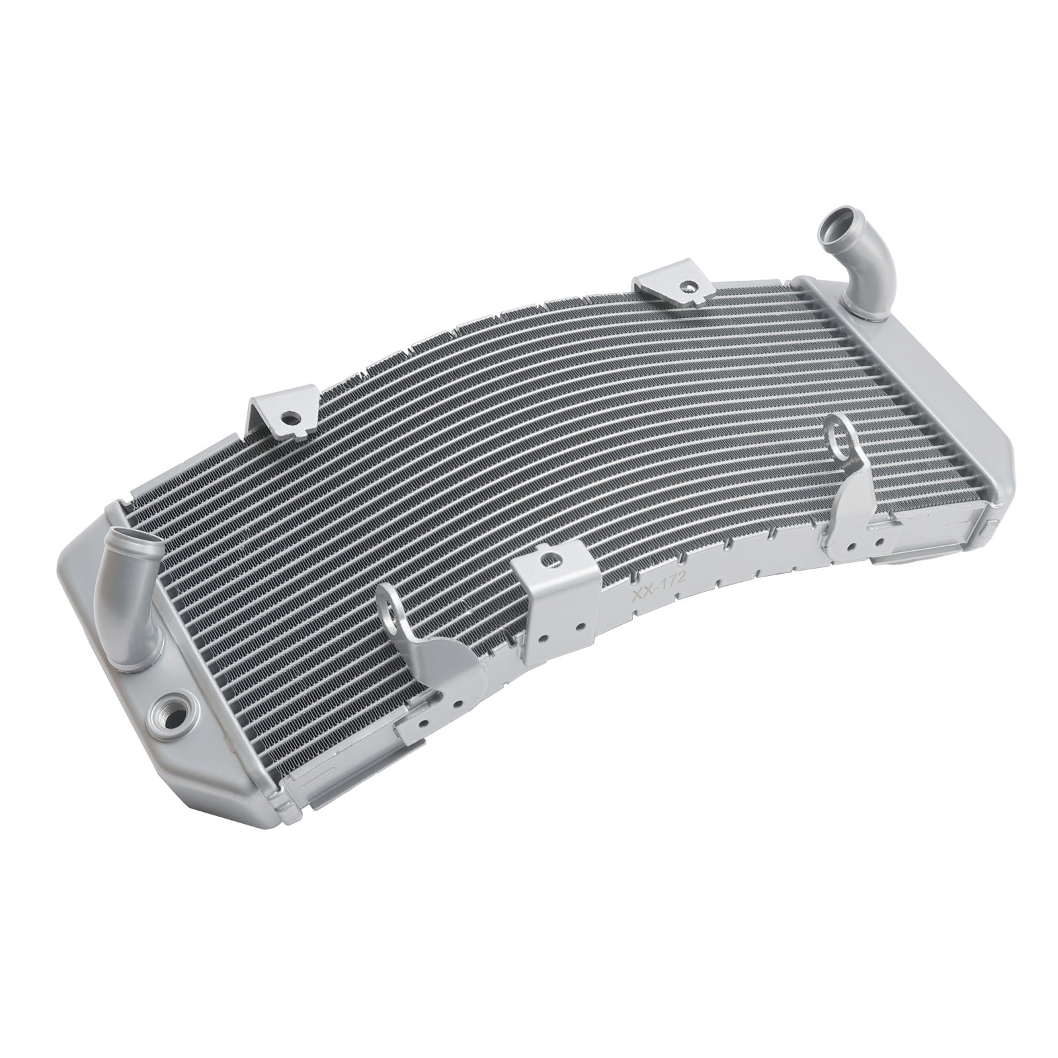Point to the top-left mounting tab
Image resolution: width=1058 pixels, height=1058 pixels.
[x=281, y=417]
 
